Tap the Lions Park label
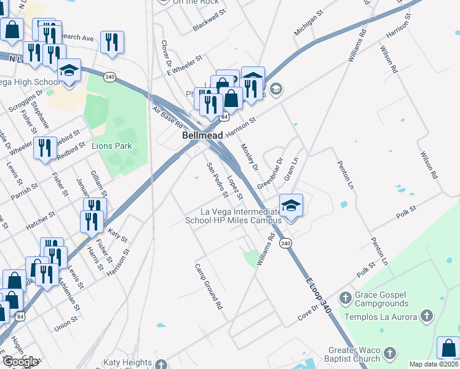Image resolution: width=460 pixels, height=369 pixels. (111, 146)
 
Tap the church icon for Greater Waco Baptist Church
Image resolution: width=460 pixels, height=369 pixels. (389, 354)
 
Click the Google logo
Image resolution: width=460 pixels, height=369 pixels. (20, 362)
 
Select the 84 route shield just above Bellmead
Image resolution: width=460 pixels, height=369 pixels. (226, 116)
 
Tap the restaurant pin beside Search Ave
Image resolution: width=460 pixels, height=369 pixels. (111, 42)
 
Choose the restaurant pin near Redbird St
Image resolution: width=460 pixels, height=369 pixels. (45, 148)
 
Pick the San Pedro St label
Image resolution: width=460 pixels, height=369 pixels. (217, 180)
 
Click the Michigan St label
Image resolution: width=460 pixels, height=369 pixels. (308, 23)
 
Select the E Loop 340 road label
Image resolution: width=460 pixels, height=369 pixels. (319, 296)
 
